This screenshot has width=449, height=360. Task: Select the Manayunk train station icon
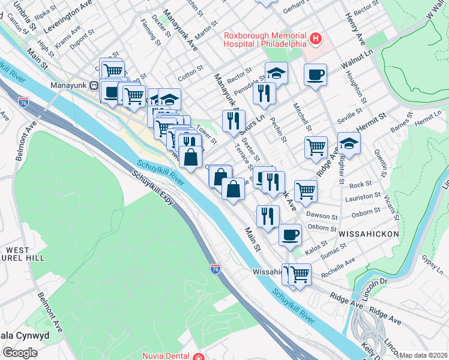point(94,86)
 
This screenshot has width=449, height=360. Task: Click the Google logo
point(20,353)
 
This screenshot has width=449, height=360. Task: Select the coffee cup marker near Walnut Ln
point(315,75)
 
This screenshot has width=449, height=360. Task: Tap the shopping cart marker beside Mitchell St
point(316,146)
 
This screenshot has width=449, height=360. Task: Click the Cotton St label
point(191,76)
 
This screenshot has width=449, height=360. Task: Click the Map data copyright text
point(424,355)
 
